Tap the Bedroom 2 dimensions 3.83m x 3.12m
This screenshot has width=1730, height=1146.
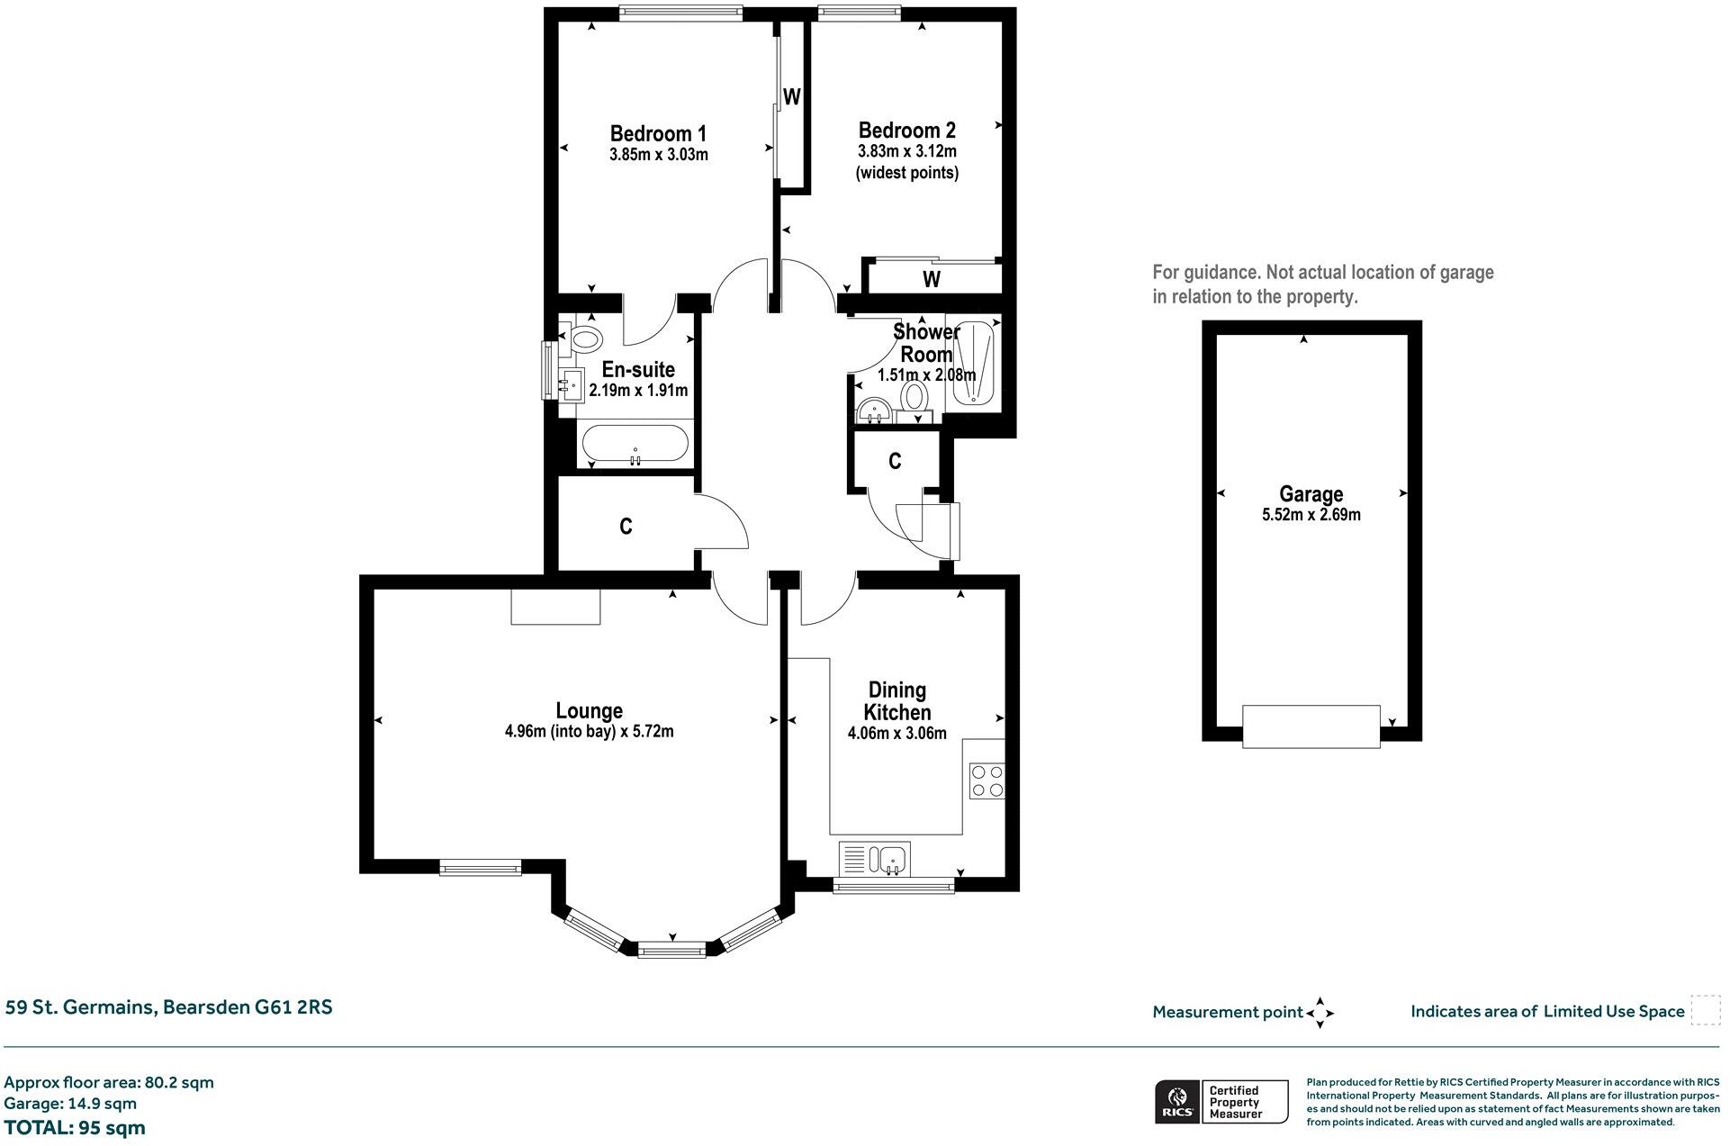(x=906, y=151)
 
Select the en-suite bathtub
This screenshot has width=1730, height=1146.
(x=635, y=444)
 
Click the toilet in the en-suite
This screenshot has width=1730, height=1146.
(x=586, y=339)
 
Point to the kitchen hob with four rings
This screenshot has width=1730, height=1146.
(x=987, y=781)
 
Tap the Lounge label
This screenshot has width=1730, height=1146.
(x=589, y=710)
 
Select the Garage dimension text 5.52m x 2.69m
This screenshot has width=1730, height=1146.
(x=1311, y=516)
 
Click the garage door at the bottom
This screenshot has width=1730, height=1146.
(x=1311, y=726)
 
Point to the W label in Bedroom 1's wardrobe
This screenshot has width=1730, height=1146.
(x=791, y=97)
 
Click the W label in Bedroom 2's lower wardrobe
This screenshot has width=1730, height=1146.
(x=932, y=279)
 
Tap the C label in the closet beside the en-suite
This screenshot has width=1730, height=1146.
(x=626, y=527)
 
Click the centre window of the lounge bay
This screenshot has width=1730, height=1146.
(x=671, y=949)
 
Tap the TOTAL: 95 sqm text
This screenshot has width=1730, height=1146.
(x=75, y=1128)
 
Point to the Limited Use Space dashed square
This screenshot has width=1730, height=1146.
(x=1704, y=1010)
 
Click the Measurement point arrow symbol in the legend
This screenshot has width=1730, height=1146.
(x=1320, y=1013)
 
